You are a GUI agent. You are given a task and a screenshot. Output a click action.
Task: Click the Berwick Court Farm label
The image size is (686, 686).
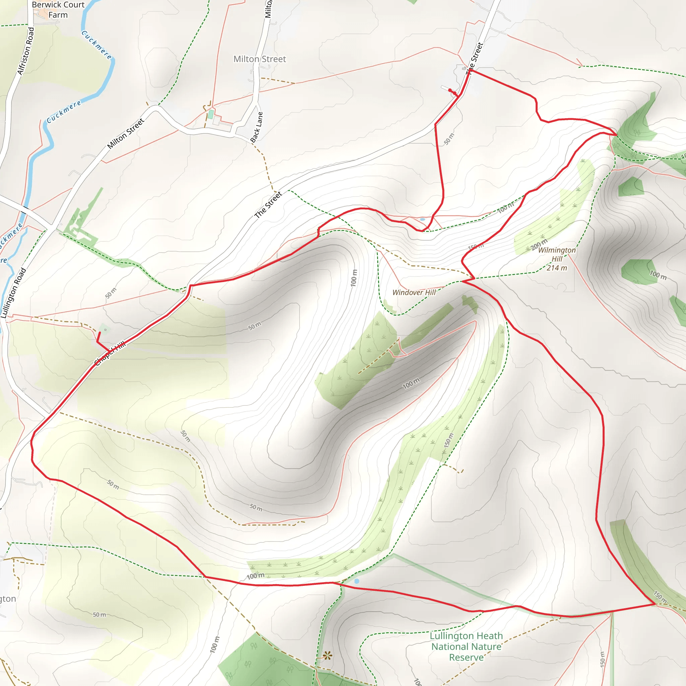[58, 10]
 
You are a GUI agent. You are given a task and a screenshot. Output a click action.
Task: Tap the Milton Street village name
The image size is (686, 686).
[260, 59]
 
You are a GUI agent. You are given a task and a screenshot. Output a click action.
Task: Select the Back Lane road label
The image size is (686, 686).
[257, 127]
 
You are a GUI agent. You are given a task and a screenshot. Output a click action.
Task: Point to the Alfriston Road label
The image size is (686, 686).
[26, 51]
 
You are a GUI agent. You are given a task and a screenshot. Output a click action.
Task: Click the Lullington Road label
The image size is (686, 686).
[13, 293]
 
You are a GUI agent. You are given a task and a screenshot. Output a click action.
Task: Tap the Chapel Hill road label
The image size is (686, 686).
[110, 354]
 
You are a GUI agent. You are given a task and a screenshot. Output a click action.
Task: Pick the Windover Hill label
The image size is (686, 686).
[414, 292]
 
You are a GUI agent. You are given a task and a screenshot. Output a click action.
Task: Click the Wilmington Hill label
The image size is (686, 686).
[557, 255]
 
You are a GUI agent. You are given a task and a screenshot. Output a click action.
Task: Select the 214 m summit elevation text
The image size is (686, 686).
[557, 268]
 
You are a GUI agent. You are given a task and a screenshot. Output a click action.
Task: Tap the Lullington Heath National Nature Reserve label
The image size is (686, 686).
[466, 646]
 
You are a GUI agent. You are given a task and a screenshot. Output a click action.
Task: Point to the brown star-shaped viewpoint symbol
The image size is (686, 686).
[327, 656]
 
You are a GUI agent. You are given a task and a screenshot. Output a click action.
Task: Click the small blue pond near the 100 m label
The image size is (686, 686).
[357, 581]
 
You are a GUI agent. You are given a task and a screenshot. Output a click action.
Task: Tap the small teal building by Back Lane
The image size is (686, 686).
[211, 114]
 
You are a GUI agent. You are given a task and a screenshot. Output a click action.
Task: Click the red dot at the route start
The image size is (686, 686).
[450, 90]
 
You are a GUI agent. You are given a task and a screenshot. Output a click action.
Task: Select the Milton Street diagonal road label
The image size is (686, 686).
[126, 134]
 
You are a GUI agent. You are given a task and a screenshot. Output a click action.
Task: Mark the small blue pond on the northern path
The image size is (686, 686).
[422, 219]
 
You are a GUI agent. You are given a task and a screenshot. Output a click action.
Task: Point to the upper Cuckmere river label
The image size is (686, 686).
[96, 45]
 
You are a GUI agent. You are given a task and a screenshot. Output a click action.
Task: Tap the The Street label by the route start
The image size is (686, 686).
[475, 57]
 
